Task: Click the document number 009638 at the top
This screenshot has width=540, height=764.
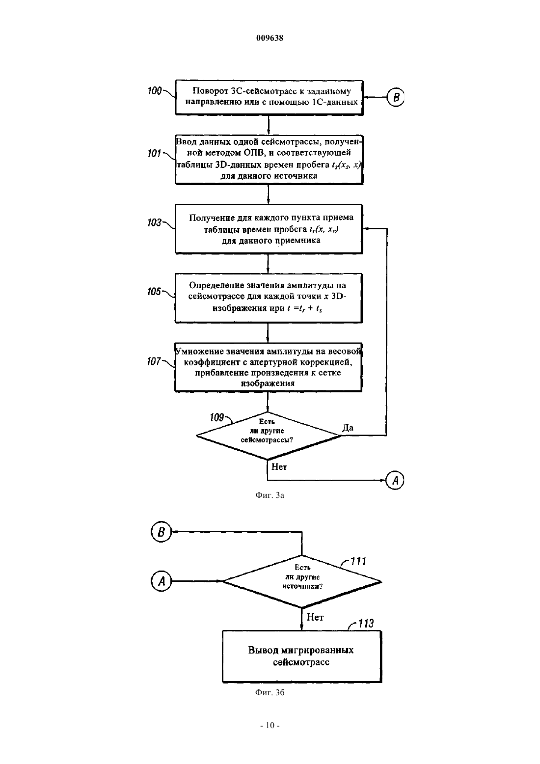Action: (270, 38)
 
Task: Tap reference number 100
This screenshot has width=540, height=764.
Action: (155, 91)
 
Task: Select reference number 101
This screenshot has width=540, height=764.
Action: (154, 154)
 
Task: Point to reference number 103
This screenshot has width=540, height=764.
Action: (155, 223)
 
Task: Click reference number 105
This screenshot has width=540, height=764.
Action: (154, 292)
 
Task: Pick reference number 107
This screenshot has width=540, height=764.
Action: (154, 361)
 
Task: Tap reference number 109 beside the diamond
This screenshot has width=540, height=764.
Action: (217, 417)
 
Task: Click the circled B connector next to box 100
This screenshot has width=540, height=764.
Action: (396, 98)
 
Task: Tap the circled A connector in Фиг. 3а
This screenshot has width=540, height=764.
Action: (395, 481)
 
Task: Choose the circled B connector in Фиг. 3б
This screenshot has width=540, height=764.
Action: (161, 532)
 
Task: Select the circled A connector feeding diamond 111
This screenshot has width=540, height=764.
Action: (161, 581)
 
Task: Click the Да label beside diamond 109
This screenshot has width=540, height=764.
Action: (348, 428)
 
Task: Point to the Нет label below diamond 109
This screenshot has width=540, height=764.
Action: (279, 467)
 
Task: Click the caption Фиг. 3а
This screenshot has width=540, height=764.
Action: (270, 495)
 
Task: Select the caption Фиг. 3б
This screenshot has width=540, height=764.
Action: (270, 692)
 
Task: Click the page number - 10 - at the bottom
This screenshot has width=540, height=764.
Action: (270, 735)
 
